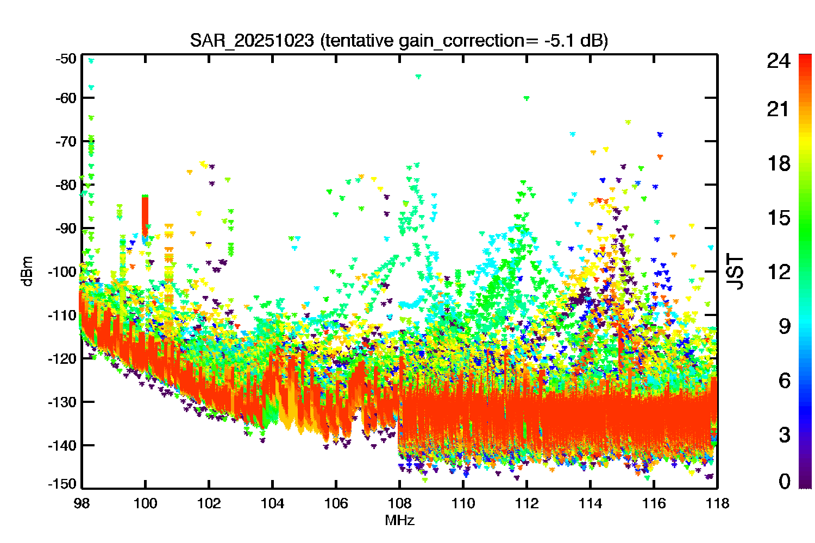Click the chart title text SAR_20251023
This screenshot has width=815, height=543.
[x=252, y=40]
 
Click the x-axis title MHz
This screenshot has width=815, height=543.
[x=399, y=520]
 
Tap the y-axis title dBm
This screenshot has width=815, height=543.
[x=27, y=271]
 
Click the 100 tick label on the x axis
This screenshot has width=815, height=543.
[x=145, y=504]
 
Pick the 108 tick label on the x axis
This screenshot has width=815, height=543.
[x=399, y=504]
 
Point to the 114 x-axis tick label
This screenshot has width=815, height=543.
[x=590, y=504]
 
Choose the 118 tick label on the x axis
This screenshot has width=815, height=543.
[x=718, y=504]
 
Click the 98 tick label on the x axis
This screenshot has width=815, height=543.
[x=82, y=504]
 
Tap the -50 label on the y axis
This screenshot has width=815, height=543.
[x=66, y=59]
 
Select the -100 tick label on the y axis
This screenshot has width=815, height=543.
[x=62, y=271]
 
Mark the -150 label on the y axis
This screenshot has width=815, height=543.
[x=62, y=484]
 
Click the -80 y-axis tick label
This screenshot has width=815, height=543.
[x=66, y=185]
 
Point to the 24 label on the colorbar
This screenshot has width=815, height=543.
[x=778, y=61]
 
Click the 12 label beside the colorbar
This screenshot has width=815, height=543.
[x=779, y=272]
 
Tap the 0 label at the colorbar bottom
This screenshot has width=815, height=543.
[x=784, y=481]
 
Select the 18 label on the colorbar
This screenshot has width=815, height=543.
[x=779, y=163]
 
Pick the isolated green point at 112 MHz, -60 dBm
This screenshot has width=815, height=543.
[x=526, y=98]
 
